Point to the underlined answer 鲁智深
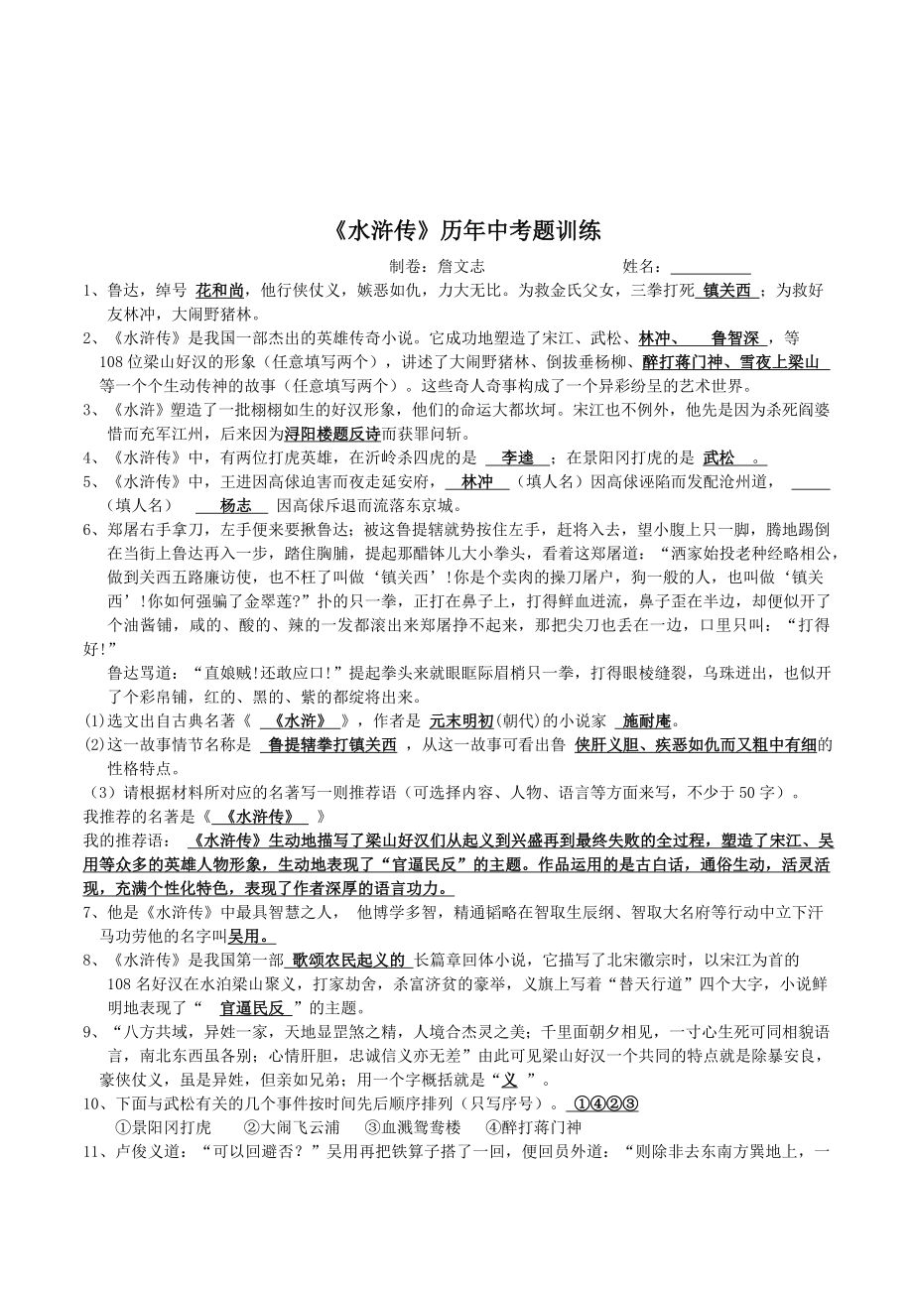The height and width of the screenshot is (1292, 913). (x=734, y=338)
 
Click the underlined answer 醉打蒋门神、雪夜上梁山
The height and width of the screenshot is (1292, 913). (x=735, y=362)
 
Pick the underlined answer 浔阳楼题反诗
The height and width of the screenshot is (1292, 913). (x=331, y=434)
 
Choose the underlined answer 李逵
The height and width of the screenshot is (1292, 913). (x=517, y=457)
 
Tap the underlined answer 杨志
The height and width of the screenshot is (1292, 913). (x=236, y=505)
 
